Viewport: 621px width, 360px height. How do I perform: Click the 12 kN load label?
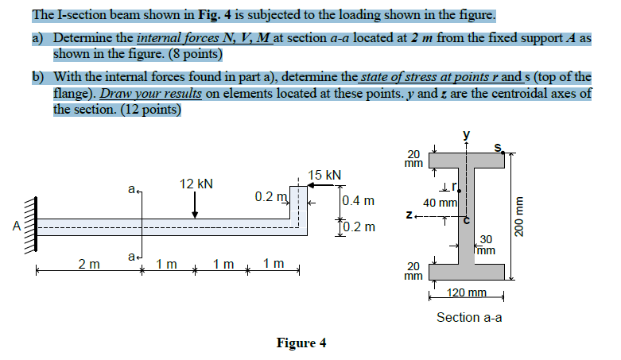point(196,184)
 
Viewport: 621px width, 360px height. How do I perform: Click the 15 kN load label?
point(325,175)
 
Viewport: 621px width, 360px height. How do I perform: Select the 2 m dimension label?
point(89,264)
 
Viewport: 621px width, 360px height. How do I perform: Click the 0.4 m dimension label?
point(358,201)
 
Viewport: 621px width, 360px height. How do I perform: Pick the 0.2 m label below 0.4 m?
point(358,228)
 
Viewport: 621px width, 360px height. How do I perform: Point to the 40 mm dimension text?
point(440,203)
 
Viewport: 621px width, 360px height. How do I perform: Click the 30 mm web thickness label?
point(486,244)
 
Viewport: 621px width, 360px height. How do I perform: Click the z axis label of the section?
point(409,215)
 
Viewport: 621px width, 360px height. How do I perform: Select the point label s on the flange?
point(499,145)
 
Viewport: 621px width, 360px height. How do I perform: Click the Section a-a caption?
point(469,317)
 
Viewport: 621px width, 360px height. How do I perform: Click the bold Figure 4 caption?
point(301,343)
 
